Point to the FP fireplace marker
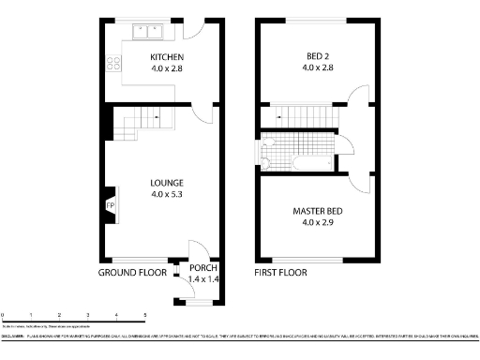tap(110, 206)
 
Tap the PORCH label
tap(203, 268)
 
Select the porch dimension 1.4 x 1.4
tap(203, 279)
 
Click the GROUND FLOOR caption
tap(134, 274)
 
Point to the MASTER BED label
tap(319, 211)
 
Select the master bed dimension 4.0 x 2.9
tap(319, 223)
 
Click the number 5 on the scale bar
tap(144, 315)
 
